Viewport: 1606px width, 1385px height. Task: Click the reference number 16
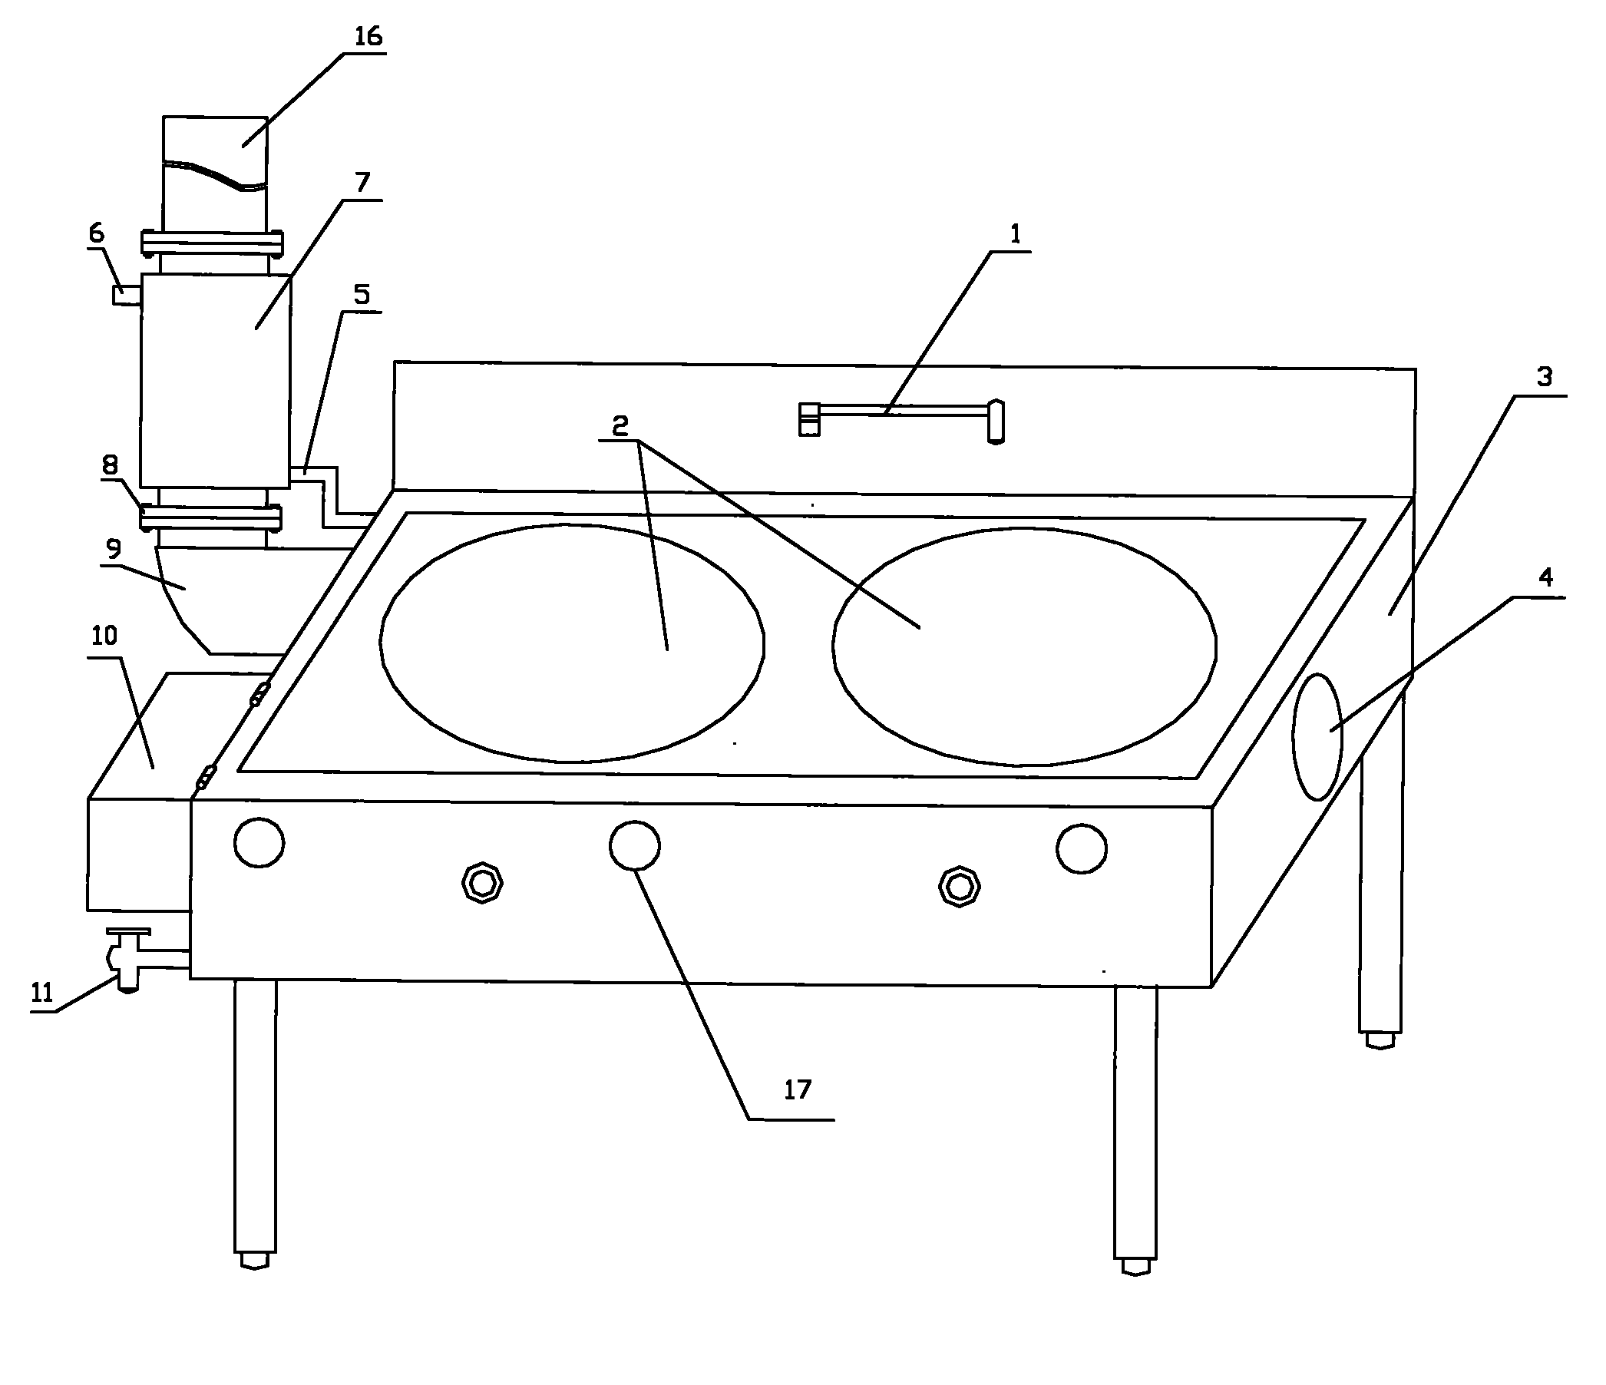pyautogui.click(x=368, y=36)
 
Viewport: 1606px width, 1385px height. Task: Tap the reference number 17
pyautogui.click(x=797, y=1089)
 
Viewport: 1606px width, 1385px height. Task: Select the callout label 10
pyautogui.click(x=104, y=636)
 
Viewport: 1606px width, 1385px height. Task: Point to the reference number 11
pyautogui.click(x=42, y=992)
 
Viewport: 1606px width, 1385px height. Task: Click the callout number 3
pyautogui.click(x=1545, y=377)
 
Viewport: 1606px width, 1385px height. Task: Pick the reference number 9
pyautogui.click(x=113, y=549)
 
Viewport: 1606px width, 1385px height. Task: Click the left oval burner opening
pyautogui.click(x=572, y=643)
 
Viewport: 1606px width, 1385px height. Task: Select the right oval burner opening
pyautogui.click(x=1025, y=647)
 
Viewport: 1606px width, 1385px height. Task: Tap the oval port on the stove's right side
pyautogui.click(x=1317, y=736)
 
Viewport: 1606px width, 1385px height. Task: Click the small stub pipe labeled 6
pyautogui.click(x=127, y=296)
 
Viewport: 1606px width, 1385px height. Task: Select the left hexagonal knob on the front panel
pyautogui.click(x=482, y=883)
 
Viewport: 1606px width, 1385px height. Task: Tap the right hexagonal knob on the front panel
pyautogui.click(x=960, y=887)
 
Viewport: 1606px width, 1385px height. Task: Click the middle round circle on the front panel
pyautogui.click(x=635, y=845)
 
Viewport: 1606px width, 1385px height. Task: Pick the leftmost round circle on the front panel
pyautogui.click(x=259, y=841)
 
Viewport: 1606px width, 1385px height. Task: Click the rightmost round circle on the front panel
pyautogui.click(x=1081, y=848)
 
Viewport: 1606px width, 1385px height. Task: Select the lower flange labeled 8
pyautogui.click(x=211, y=517)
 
